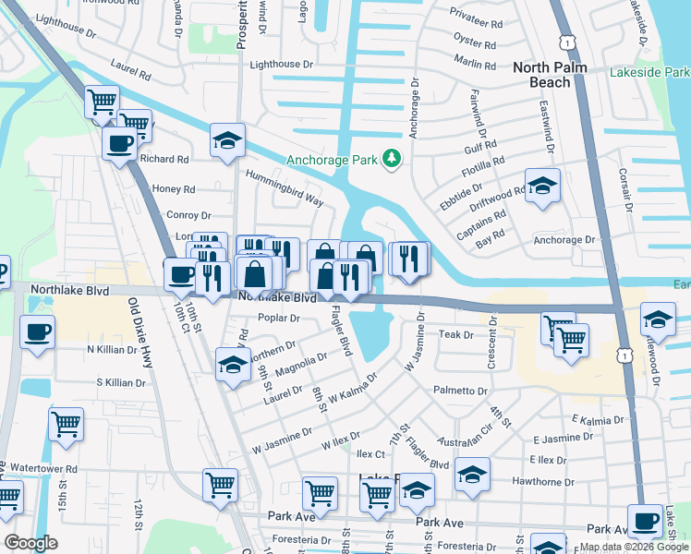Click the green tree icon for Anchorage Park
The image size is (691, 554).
tap(392, 159)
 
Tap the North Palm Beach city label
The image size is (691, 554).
tap(554, 75)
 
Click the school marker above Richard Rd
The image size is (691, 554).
tap(227, 140)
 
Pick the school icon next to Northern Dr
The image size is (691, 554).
tap(233, 365)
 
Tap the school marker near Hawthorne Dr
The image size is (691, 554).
tap(472, 474)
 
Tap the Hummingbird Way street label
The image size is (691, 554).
tap(284, 187)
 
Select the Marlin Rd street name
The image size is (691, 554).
tap(476, 62)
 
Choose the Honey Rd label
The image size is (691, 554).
tap(175, 189)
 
